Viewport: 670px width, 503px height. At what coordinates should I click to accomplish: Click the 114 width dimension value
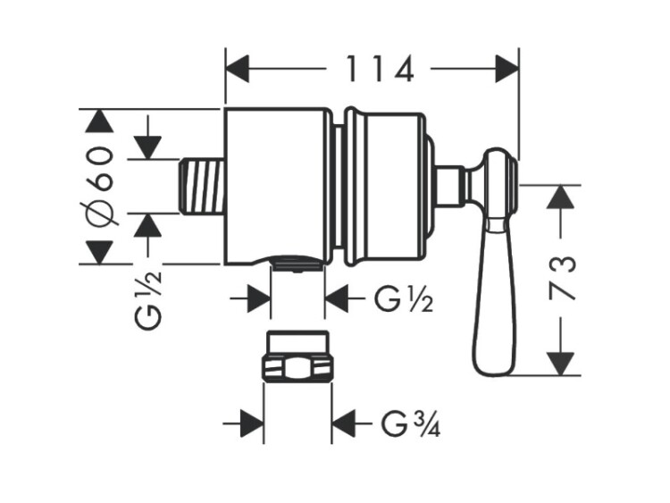point(380,69)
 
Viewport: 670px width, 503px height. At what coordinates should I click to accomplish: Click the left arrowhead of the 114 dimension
point(237,68)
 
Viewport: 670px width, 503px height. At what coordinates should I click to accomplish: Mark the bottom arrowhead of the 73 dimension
point(560,363)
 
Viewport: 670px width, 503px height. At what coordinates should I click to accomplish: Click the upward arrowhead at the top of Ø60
point(99,122)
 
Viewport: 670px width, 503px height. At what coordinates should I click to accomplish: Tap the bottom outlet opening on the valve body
point(297,264)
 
